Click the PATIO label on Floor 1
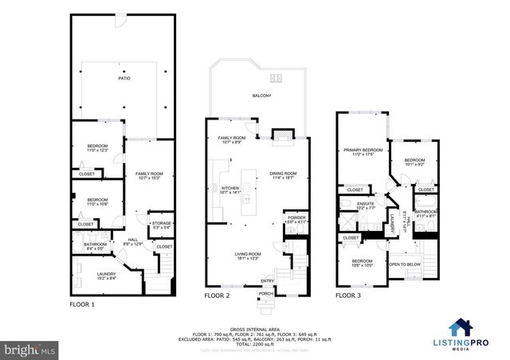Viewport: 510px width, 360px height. [124, 78]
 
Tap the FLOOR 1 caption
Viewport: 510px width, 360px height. [82, 304]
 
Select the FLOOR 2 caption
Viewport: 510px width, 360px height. [217, 295]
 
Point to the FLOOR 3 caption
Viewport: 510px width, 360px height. [347, 295]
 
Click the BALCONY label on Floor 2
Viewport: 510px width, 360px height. [262, 96]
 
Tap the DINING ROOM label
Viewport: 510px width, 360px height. [283, 175]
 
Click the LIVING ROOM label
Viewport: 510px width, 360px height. [247, 256]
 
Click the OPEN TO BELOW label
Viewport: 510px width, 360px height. [404, 264]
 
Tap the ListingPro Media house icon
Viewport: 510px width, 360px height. [459, 327]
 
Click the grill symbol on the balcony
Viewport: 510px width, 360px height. [276, 77]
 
